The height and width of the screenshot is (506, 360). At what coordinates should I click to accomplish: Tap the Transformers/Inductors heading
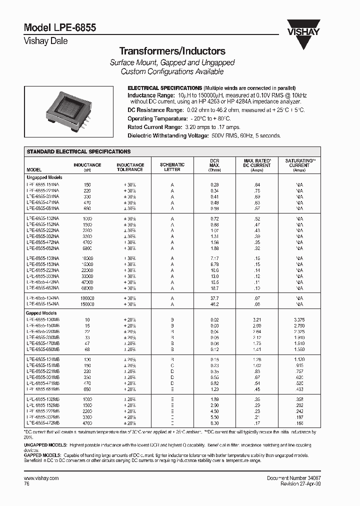coord(172,51)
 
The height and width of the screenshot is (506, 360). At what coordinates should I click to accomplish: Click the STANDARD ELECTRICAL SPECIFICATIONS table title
coord(78,151)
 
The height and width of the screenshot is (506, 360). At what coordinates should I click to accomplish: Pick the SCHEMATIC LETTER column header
coord(172,167)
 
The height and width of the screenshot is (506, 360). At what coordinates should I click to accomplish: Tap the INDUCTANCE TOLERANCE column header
coord(130,167)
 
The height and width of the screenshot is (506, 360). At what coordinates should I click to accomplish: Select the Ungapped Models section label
coord(44,177)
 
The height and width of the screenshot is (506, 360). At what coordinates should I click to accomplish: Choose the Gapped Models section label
coord(42,312)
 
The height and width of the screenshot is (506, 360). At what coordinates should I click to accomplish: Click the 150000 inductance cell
coord(87,304)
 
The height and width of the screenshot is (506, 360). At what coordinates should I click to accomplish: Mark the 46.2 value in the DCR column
coord(214,304)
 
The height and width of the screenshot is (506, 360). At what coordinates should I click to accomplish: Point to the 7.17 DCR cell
coord(214,258)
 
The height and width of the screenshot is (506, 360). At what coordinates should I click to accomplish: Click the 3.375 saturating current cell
coord(299,319)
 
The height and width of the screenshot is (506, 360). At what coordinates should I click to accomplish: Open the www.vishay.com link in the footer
coord(41,478)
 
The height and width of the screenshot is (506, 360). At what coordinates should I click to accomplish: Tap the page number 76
coord(27,484)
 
